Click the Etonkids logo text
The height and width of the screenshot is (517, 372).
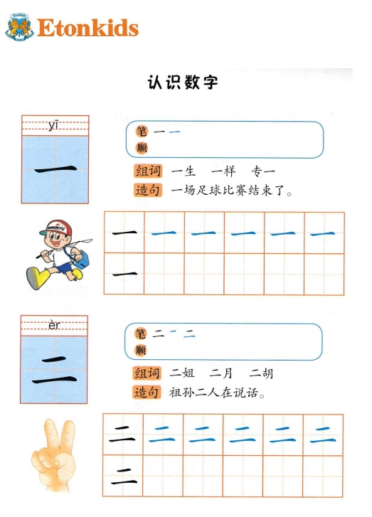point(87,28)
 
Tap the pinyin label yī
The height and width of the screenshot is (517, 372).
point(54,126)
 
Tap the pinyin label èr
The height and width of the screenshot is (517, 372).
point(54,325)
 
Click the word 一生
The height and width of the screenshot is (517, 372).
point(184,171)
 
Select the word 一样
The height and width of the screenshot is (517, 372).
point(223,171)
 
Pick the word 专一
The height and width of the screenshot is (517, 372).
point(263,171)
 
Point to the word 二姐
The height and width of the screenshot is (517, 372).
point(181,373)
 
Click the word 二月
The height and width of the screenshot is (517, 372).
point(221,373)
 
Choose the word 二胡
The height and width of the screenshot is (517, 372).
point(261,373)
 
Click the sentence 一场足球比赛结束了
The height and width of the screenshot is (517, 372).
point(232,191)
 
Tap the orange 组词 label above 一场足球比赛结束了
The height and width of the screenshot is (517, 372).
point(148,171)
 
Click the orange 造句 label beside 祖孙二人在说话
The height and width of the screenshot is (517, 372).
point(147,393)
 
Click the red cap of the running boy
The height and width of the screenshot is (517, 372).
point(57,228)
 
